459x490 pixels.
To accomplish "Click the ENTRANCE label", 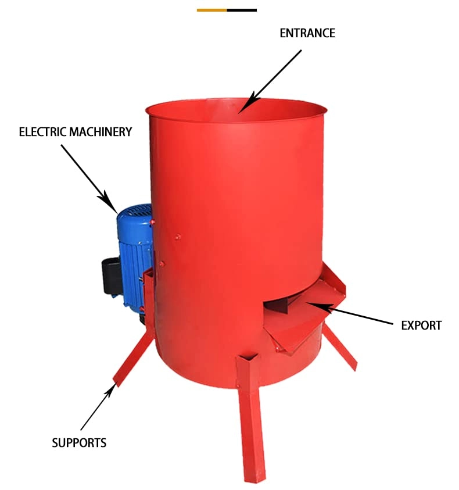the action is pos(307,33).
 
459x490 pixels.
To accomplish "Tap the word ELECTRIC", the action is pos(38,132).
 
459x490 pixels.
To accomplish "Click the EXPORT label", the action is pos(421,326).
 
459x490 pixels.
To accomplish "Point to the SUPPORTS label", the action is pos(79,443).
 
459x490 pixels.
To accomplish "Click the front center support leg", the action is pos(251,419).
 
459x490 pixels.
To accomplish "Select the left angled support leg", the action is pos(133,359).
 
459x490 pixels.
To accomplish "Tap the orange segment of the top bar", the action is pos(212,10).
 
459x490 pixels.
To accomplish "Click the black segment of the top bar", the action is pos(242,10).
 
